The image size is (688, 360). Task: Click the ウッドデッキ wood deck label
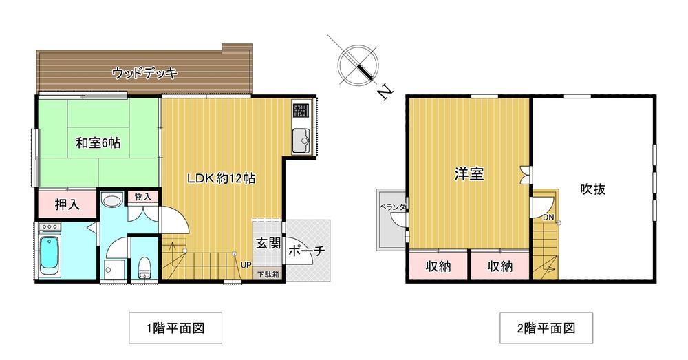144,73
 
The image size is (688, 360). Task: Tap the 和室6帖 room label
98,143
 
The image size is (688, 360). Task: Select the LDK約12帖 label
221,178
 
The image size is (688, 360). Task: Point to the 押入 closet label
67,204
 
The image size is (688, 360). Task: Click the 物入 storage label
143,197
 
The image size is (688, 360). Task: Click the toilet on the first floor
144,268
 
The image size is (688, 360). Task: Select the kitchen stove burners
301,109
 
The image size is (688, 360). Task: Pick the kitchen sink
301,140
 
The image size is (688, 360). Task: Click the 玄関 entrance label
268,243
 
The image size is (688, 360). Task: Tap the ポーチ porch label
307,251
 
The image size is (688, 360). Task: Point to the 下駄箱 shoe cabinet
268,275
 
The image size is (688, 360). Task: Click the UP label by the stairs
246,265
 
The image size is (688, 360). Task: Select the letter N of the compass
385,93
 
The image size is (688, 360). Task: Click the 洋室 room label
469,174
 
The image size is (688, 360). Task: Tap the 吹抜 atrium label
593,189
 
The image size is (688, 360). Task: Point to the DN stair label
548,218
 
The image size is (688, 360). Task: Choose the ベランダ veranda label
392,207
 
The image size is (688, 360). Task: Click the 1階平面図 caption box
175,328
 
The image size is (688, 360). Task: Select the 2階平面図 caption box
546,328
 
